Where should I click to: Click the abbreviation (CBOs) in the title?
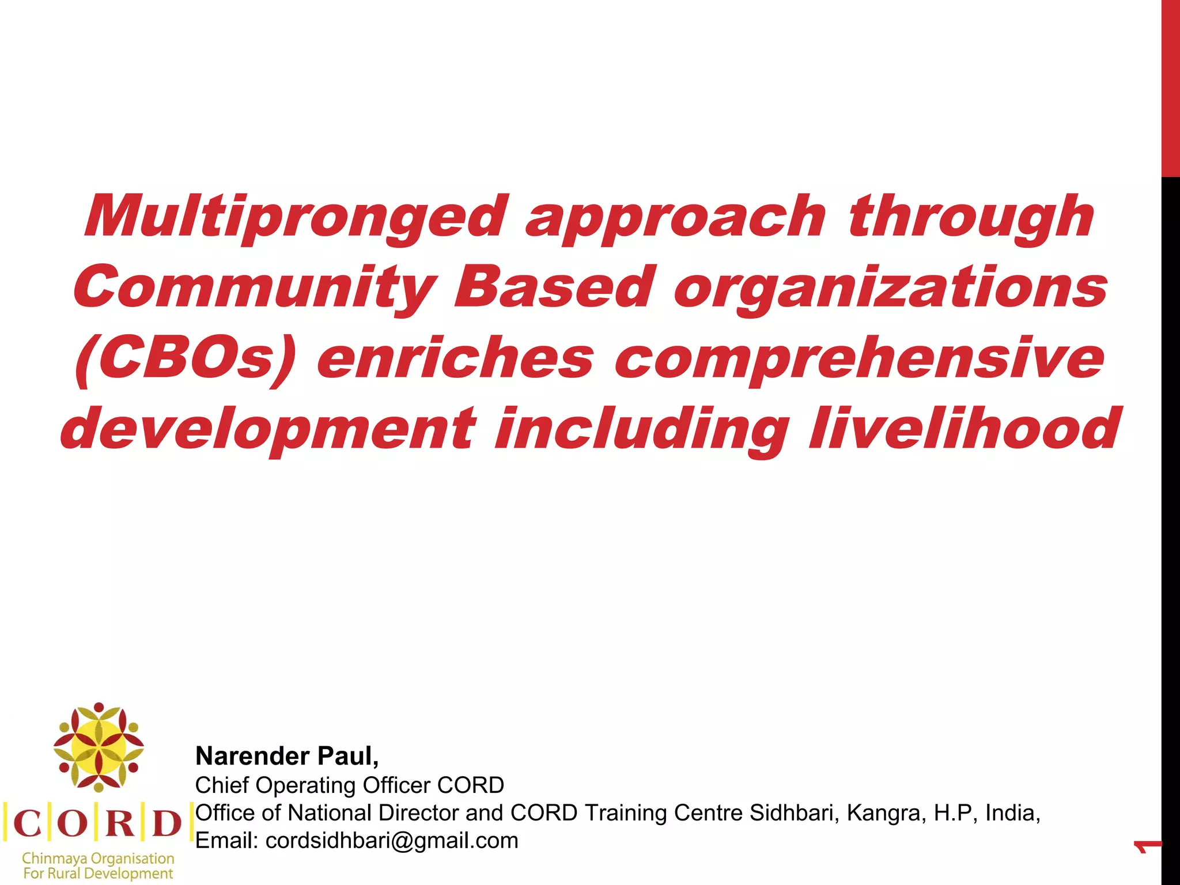(x=185, y=359)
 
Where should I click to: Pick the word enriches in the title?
(x=455, y=358)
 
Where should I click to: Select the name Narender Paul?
(x=286, y=756)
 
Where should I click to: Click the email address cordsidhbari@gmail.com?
(x=392, y=841)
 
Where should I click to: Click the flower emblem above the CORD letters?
(x=99, y=747)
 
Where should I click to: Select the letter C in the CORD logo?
(x=27, y=823)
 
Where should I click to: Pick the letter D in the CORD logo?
(x=167, y=823)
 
